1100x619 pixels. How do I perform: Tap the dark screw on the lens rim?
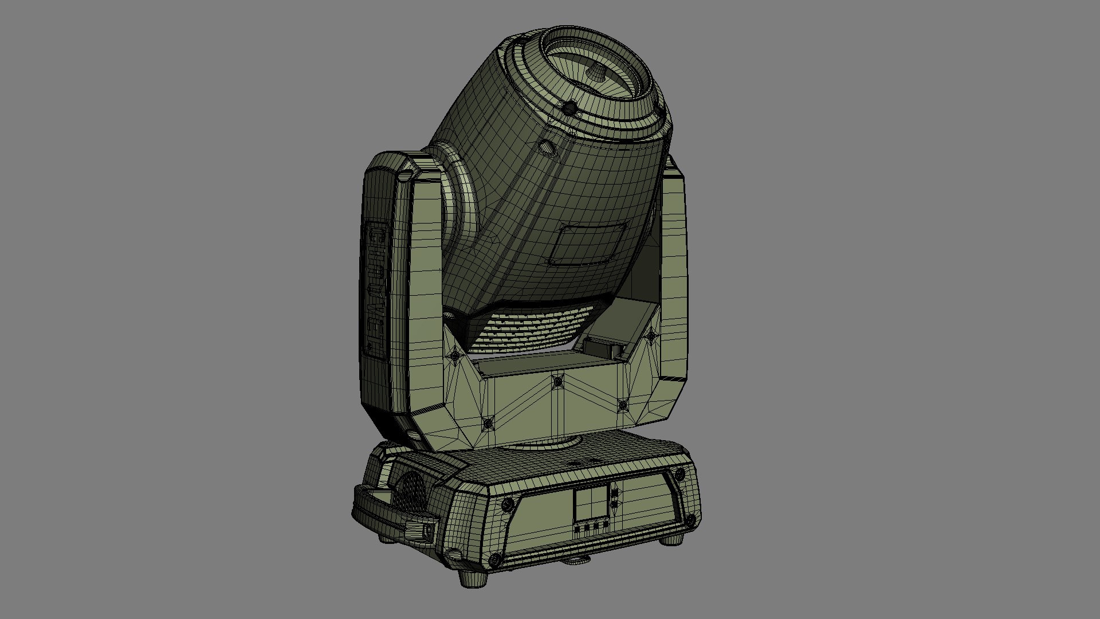pos(570,107)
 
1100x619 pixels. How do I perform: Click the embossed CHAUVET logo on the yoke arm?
pos(376,292)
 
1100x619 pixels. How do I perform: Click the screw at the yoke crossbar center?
pos(558,381)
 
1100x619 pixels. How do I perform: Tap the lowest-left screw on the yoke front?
pos(488,424)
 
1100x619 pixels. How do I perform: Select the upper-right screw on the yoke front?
pos(651,336)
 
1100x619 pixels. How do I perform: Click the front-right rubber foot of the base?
pos(671,539)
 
